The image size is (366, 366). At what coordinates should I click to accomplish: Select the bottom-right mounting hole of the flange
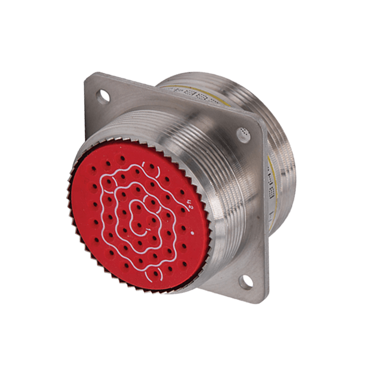click(246, 280)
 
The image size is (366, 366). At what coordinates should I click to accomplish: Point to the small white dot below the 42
click(192, 233)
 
